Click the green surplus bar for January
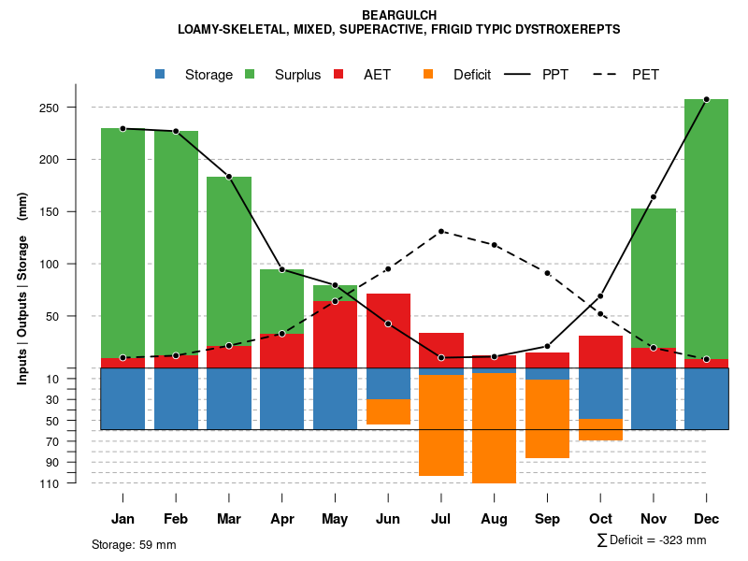[x=122, y=243]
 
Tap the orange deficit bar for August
[x=494, y=428]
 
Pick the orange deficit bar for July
[x=441, y=425]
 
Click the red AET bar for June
[x=388, y=330]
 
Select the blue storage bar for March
[x=229, y=399]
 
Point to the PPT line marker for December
[x=706, y=99]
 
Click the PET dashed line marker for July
[x=441, y=231]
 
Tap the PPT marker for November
[x=654, y=197]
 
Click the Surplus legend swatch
[x=250, y=75]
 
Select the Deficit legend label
[x=472, y=75]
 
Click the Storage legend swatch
[x=160, y=75]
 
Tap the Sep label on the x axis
[x=547, y=519]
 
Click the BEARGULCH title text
[x=399, y=15]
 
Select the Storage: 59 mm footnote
[x=134, y=544]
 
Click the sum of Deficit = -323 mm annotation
[x=652, y=540]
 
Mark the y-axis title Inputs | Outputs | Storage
[x=22, y=288]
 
